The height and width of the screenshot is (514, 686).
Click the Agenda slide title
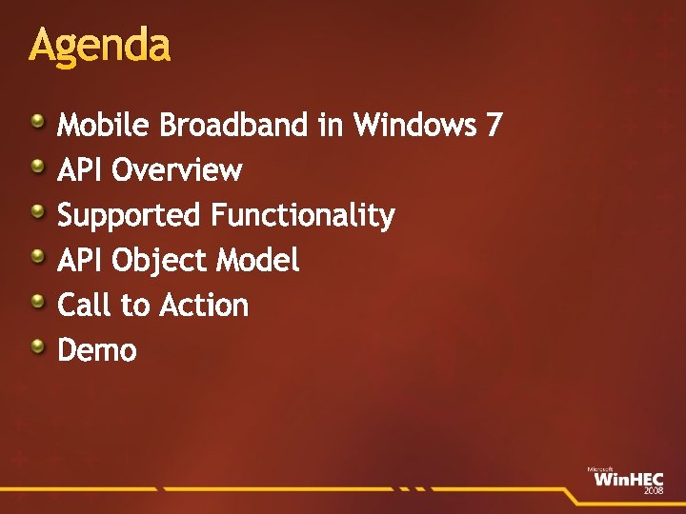pyautogui.click(x=99, y=46)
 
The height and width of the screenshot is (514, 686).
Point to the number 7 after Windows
pyautogui.click(x=493, y=125)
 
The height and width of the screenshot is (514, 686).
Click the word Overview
pyautogui.click(x=176, y=170)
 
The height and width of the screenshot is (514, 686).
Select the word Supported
pyautogui.click(x=130, y=216)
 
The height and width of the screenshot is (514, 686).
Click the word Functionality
pyautogui.click(x=302, y=215)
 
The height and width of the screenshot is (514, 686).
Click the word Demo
pyautogui.click(x=97, y=350)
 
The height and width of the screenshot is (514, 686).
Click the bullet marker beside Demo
pyautogui.click(x=36, y=346)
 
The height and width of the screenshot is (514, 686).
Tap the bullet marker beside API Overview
pyautogui.click(x=36, y=167)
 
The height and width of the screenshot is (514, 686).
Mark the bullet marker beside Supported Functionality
pyautogui.click(x=36, y=211)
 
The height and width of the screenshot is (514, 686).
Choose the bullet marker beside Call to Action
pyautogui.click(x=36, y=302)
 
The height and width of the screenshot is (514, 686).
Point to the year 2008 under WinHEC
pyautogui.click(x=654, y=490)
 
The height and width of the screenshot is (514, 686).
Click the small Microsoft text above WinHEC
pyautogui.click(x=599, y=469)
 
